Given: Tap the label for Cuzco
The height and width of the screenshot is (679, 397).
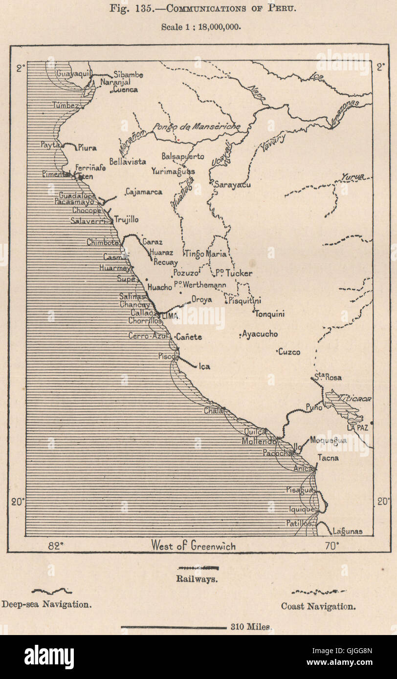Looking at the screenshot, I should click(289, 352).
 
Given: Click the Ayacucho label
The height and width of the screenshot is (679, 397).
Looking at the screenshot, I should click(261, 334).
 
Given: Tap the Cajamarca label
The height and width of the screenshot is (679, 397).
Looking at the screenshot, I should click(144, 192).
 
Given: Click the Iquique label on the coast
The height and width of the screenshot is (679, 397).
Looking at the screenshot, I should click(301, 509).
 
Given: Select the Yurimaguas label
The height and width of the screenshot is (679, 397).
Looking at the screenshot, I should click(173, 171).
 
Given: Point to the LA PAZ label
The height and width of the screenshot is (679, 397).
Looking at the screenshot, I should click(357, 428).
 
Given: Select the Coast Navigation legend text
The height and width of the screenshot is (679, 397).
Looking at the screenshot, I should click(318, 606).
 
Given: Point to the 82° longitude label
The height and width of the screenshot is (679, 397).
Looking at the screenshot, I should click(56, 545).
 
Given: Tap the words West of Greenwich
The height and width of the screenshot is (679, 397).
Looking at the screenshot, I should click(193, 545).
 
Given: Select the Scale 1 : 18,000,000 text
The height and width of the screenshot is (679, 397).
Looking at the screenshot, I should click(201, 27).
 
